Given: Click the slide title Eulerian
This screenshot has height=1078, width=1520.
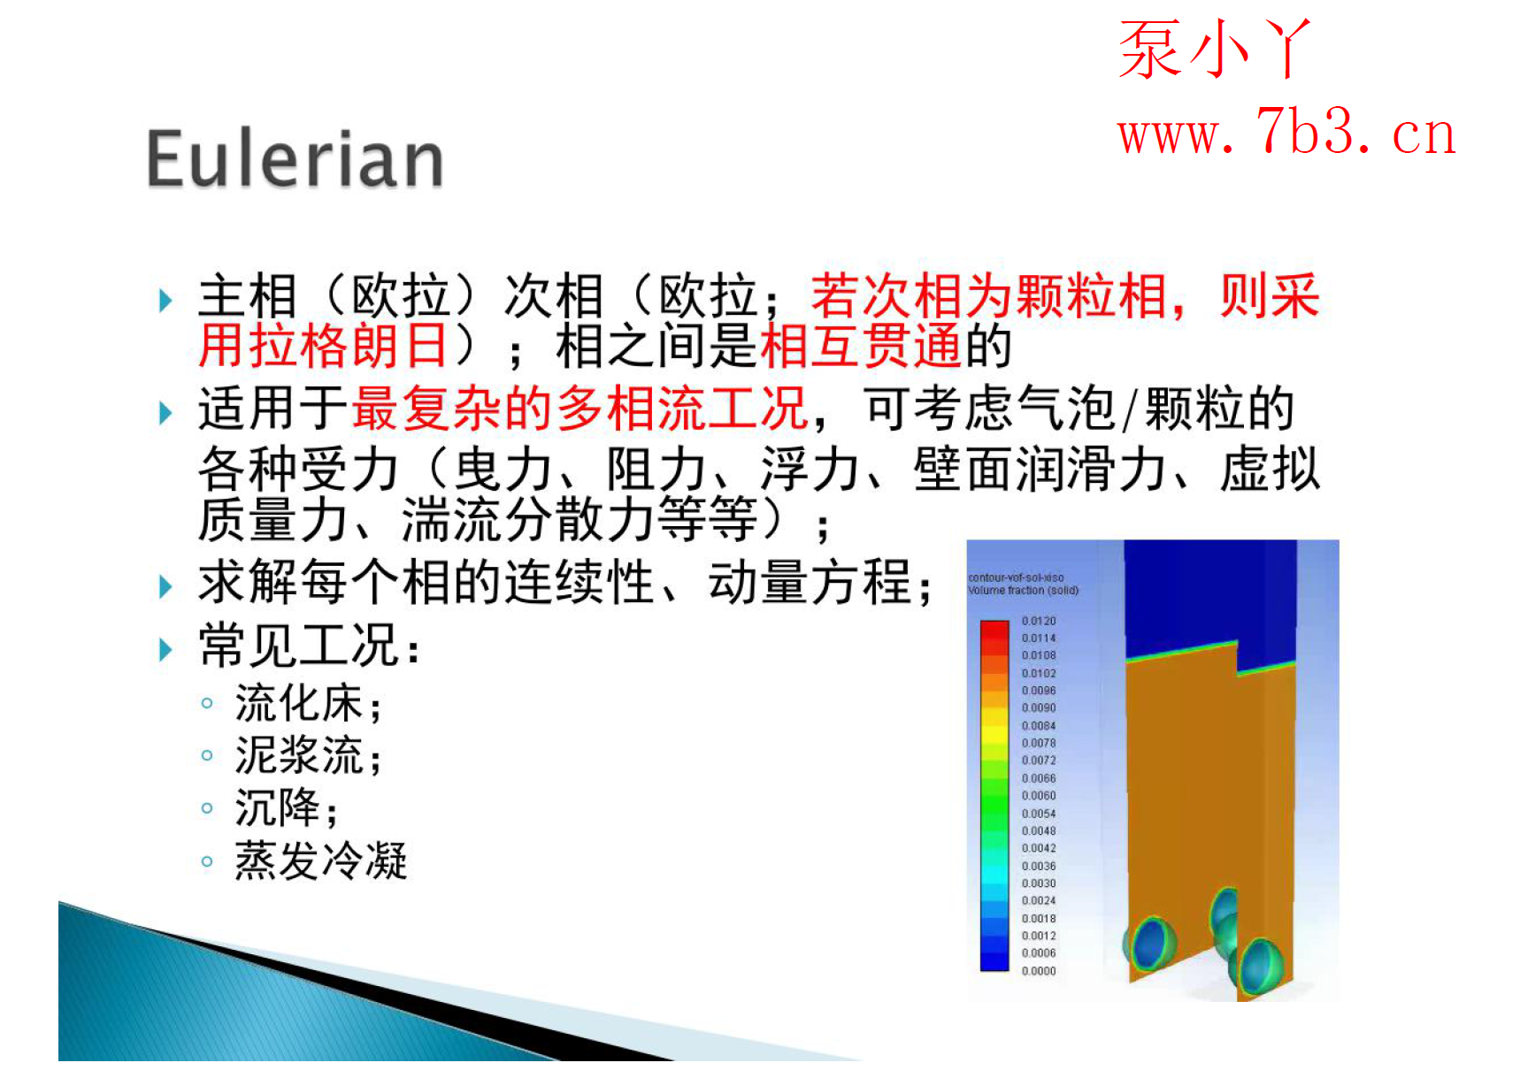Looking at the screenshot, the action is point(295,159).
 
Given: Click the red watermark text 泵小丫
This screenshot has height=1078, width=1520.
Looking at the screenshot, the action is point(1214,50).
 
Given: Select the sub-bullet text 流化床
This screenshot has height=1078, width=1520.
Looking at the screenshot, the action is point(299,704).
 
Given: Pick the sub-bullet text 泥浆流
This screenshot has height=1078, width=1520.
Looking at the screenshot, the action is point(299,755).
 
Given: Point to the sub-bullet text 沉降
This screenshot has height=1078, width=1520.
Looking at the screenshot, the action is point(277,807).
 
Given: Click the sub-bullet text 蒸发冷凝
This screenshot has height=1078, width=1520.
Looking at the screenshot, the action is point(320,860).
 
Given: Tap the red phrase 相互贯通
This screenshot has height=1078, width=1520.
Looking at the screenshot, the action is point(860,346).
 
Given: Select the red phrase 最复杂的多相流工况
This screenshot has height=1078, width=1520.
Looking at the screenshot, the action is point(580,409).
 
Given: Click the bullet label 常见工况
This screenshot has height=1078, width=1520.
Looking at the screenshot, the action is point(299,645).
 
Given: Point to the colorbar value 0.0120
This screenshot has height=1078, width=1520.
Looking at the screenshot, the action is point(1039,621).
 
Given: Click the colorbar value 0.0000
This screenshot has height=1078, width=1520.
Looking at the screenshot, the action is point(1039,971).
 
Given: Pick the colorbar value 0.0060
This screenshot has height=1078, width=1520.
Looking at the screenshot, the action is point(1039,796).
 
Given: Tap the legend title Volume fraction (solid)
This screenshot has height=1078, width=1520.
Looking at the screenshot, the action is point(1023,590).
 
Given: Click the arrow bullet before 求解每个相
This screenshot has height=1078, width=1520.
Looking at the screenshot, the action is point(165,586).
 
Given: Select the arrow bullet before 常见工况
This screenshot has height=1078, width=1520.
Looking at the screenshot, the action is point(165,650).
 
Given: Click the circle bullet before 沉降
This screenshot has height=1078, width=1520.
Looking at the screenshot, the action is point(207,807).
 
